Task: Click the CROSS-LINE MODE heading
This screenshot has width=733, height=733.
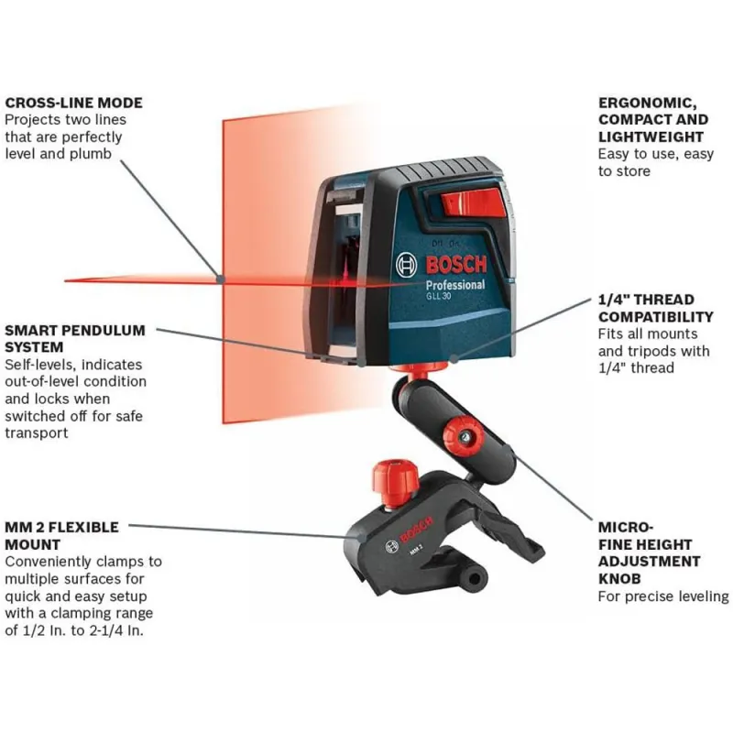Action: click(x=74, y=103)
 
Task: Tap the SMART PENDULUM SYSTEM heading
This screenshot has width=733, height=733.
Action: click(x=75, y=339)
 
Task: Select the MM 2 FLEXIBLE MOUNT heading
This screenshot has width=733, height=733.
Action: click(x=61, y=536)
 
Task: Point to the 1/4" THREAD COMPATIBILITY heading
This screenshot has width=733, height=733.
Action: click(x=656, y=308)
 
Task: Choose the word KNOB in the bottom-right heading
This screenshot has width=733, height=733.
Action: click(x=619, y=579)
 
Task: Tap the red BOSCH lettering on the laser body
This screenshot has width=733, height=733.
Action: click(x=456, y=265)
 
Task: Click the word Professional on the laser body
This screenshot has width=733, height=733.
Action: click(x=454, y=285)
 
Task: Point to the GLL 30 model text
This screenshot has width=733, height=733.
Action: click(x=438, y=296)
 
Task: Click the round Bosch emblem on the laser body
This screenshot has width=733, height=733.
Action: click(x=406, y=265)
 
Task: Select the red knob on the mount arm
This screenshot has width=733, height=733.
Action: click(x=464, y=437)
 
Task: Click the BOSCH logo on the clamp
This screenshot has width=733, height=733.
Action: click(x=415, y=531)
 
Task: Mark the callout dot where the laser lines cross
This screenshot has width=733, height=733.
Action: click(x=220, y=279)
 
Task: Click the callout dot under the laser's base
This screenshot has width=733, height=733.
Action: click(x=453, y=359)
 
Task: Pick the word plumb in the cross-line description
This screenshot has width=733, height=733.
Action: click(x=91, y=154)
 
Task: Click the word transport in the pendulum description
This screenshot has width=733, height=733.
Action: click(x=37, y=433)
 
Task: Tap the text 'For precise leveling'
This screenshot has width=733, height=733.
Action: click(x=663, y=596)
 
